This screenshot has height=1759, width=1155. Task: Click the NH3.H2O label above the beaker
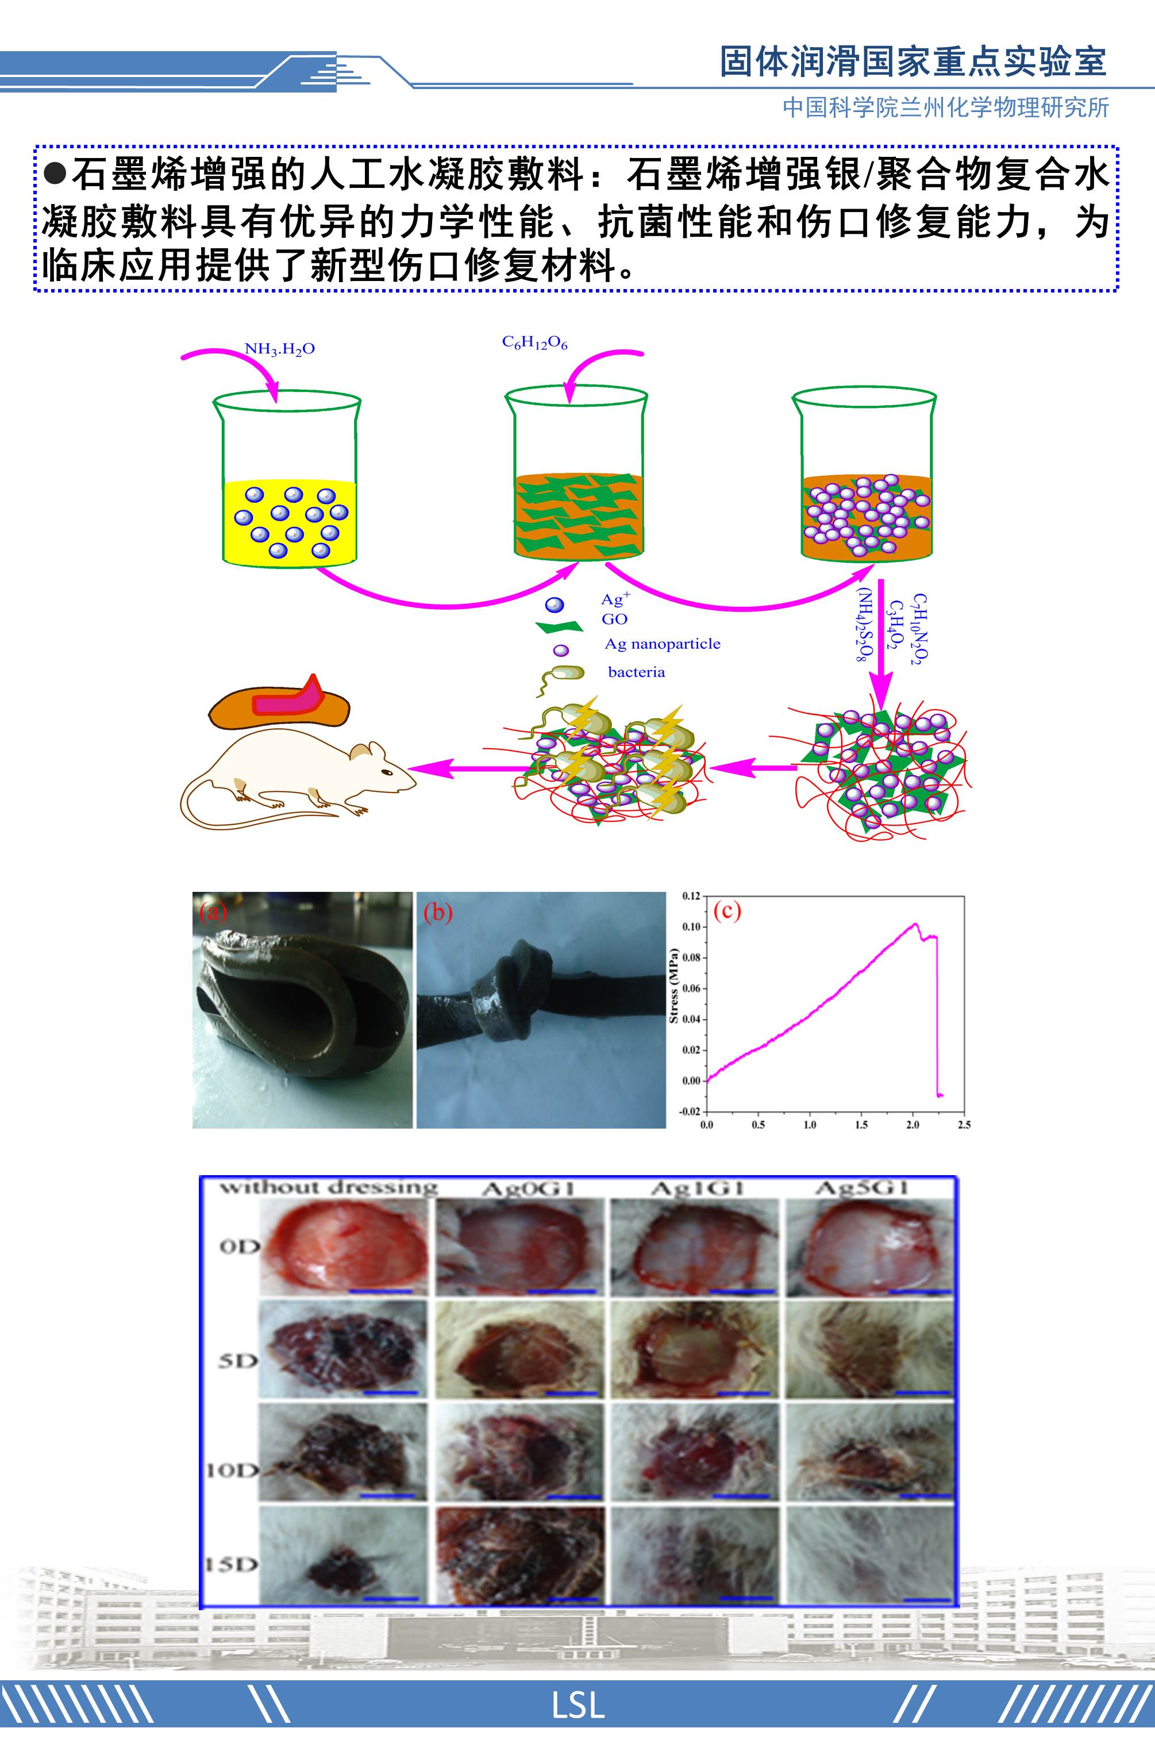279,349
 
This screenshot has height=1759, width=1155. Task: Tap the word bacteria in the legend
636,672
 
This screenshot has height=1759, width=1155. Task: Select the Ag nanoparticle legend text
662,644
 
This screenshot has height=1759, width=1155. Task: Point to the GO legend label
614,619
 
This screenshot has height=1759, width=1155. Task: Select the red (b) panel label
437,913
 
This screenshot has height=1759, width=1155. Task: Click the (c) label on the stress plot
726,910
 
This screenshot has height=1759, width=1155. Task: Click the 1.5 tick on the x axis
861,1125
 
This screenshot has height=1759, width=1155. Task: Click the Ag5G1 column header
861,1188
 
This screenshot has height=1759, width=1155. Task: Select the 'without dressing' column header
329,1188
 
